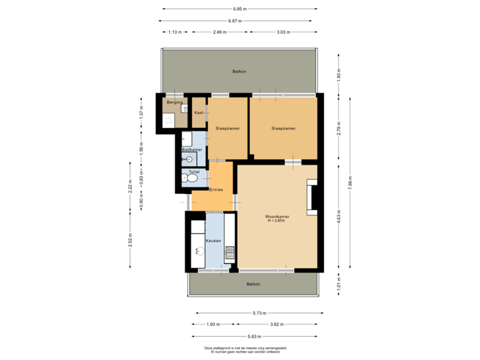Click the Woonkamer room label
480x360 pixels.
(x=277, y=217)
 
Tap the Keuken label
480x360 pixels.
(x=213, y=240)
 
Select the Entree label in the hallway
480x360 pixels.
(x=216, y=190)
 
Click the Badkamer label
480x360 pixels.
(x=192, y=150)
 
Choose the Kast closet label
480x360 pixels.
(x=199, y=113)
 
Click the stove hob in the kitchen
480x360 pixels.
(x=231, y=253)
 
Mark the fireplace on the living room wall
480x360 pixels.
(x=312, y=197)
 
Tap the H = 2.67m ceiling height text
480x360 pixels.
(x=277, y=221)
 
